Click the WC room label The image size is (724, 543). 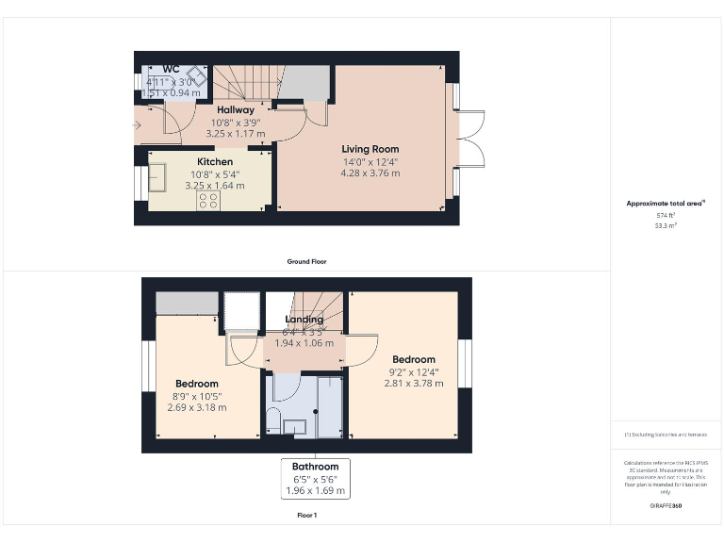171,69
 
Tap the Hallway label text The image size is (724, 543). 236,110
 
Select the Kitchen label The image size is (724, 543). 214,162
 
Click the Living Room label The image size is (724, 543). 370,149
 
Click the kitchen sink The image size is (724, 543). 156,176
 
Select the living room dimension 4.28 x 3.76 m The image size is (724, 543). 370,173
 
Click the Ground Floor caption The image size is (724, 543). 306,261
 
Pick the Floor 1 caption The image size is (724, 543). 306,516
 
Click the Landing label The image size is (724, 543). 304,320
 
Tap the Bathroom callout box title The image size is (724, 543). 315,467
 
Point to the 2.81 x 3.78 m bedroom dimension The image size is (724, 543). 414,384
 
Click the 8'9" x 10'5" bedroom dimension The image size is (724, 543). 196,396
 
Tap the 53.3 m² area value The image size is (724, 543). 666,225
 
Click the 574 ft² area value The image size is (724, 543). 666,216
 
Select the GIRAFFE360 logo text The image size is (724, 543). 666,506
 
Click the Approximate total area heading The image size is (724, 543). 665,203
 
